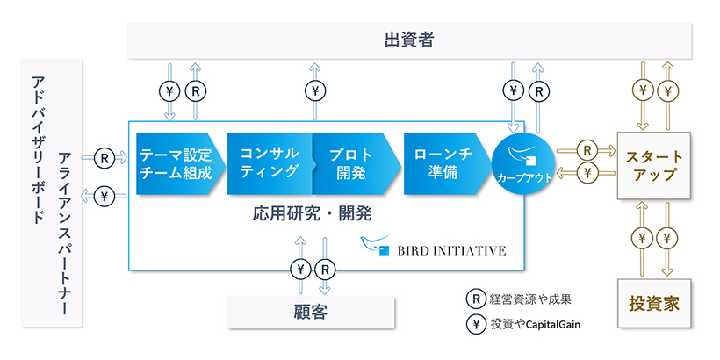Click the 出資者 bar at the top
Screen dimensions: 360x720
tap(410, 40)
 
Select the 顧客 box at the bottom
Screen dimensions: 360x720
tap(310, 311)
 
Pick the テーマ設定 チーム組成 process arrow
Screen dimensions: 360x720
tap(176, 163)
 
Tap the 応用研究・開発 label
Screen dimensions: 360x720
tap(313, 213)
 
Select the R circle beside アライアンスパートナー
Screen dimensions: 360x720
tap(104, 158)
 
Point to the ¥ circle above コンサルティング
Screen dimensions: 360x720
tap(313, 90)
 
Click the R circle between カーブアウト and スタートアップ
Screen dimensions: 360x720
tap(585, 149)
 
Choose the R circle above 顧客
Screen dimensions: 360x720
tap(324, 269)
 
